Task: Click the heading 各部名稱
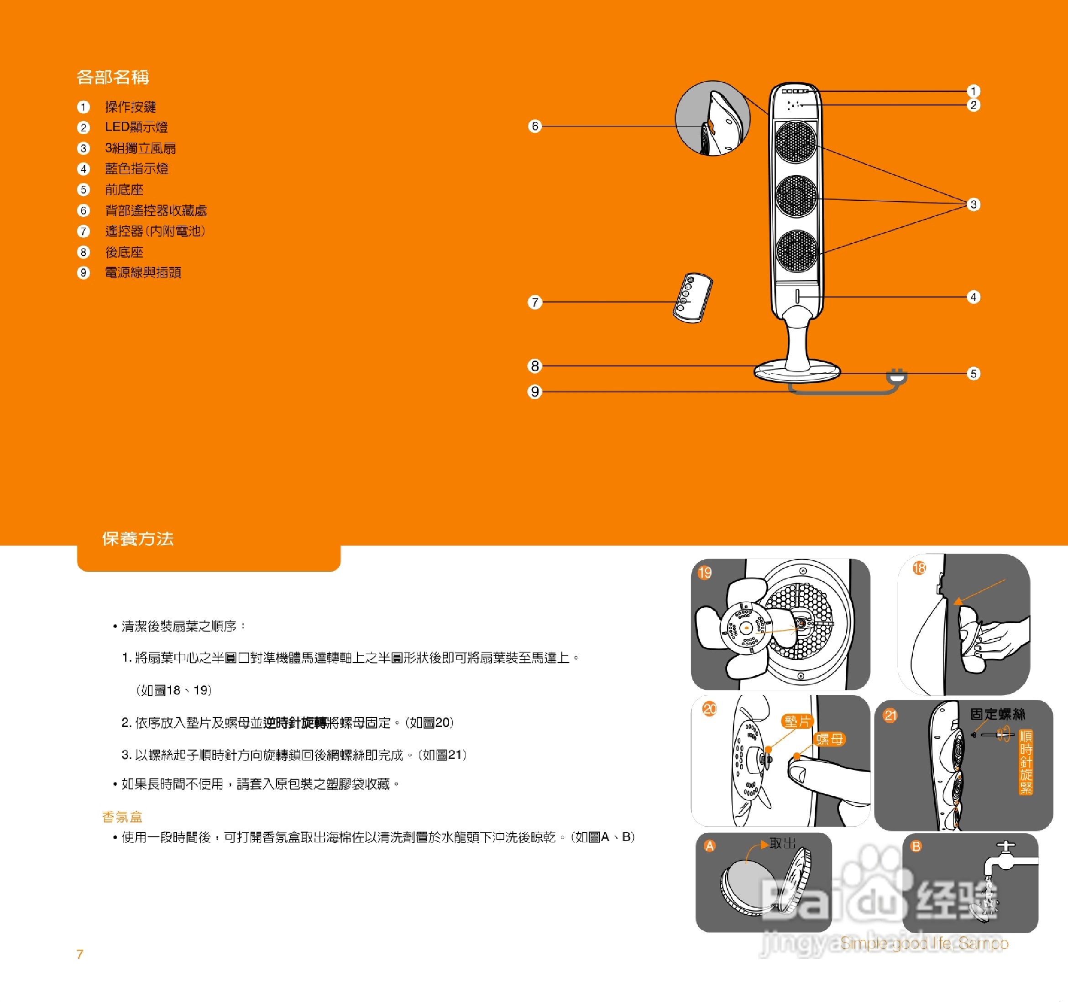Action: (112, 77)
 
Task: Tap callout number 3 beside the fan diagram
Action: (973, 204)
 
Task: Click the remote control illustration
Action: (692, 298)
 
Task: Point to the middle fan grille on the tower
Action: (796, 196)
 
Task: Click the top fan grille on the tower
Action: (796, 142)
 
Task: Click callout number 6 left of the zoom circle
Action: (534, 126)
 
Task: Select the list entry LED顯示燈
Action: (136, 127)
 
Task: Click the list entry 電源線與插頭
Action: (143, 273)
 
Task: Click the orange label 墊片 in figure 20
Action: (797, 721)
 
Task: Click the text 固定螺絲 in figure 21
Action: (997, 714)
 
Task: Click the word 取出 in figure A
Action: (782, 844)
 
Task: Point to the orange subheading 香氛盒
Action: (122, 817)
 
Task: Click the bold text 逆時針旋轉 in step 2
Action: (294, 723)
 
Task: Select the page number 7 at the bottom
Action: (80, 954)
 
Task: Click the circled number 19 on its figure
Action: (704, 573)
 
